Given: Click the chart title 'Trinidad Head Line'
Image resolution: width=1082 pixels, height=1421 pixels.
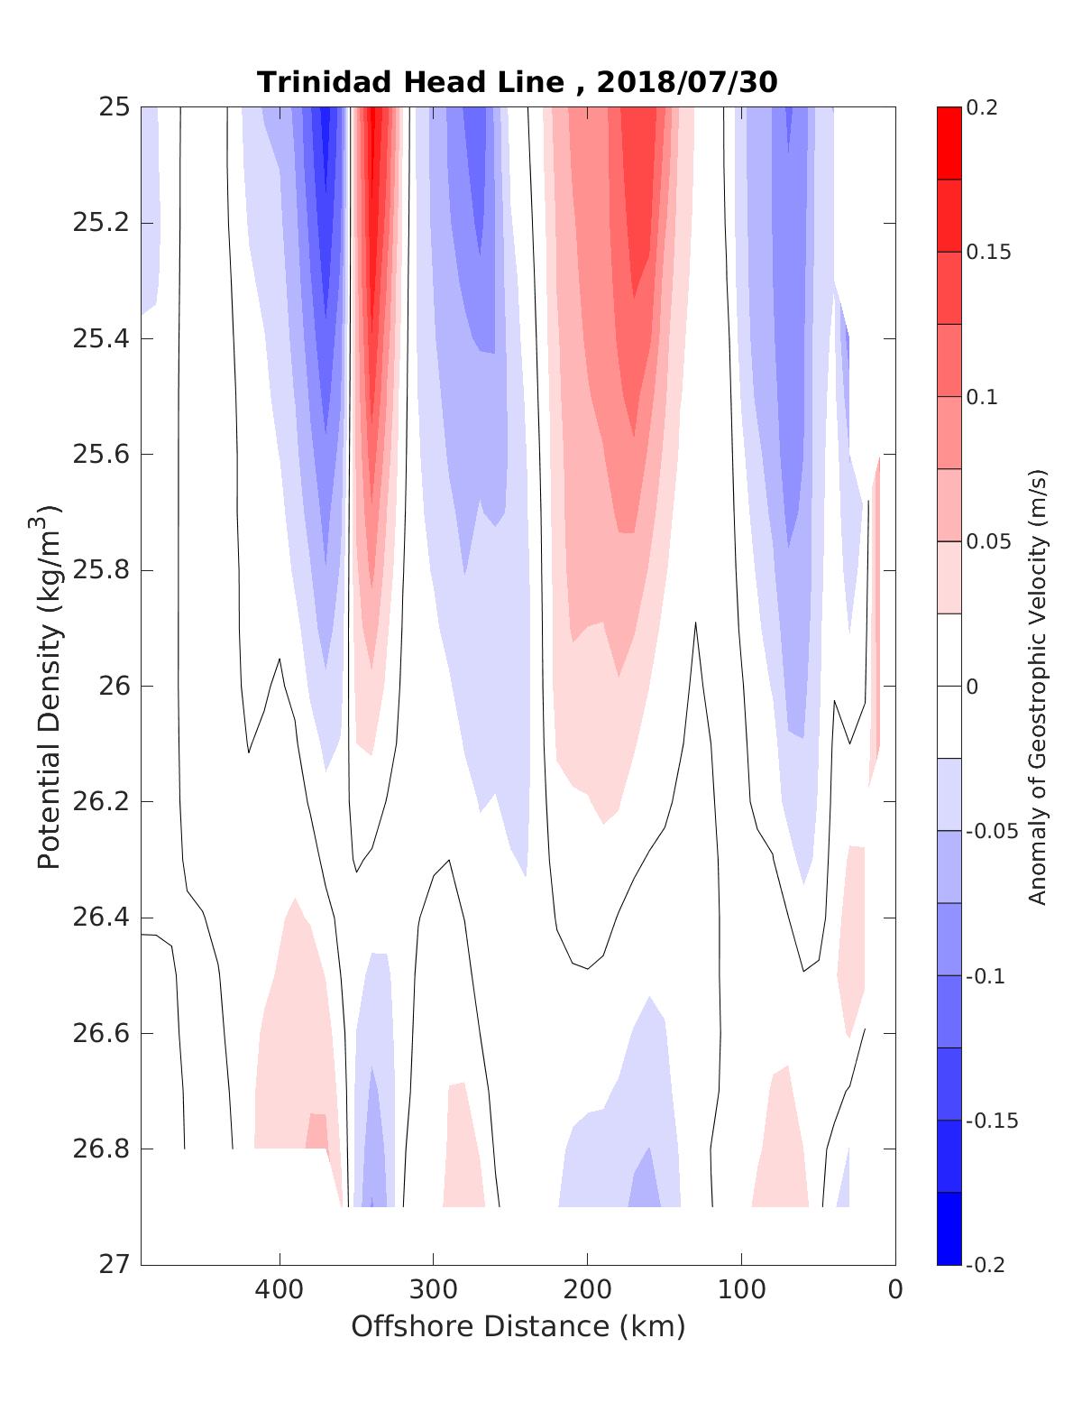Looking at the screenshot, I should [x=410, y=82].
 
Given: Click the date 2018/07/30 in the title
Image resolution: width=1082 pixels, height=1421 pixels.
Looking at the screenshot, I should [x=686, y=82].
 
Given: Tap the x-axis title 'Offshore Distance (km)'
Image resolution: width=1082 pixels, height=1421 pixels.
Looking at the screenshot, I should [x=518, y=1326].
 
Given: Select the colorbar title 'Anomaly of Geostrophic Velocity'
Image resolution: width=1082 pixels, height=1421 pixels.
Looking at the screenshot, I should [x=1038, y=686].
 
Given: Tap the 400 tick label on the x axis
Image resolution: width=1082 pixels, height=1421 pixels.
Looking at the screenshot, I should [x=280, y=1289].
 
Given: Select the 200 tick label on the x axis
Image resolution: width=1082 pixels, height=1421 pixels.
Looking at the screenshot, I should [x=588, y=1289].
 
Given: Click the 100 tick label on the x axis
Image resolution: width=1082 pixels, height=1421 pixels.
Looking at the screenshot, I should [x=741, y=1289].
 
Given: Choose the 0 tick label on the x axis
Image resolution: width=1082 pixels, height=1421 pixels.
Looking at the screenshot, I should [x=895, y=1289].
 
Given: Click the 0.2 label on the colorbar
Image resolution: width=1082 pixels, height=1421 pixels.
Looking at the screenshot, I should [x=981, y=107].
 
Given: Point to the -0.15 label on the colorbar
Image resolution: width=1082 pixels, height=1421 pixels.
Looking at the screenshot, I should [x=987, y=1121].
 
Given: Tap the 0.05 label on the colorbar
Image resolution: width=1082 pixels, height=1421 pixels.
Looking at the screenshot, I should [x=987, y=541].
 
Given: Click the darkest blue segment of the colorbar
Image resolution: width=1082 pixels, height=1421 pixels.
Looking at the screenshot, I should [x=949, y=1228].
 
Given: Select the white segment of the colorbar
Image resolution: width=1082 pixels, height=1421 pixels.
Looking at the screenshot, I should [x=949, y=686].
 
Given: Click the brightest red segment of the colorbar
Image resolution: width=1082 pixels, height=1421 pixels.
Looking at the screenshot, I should [x=949, y=143].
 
